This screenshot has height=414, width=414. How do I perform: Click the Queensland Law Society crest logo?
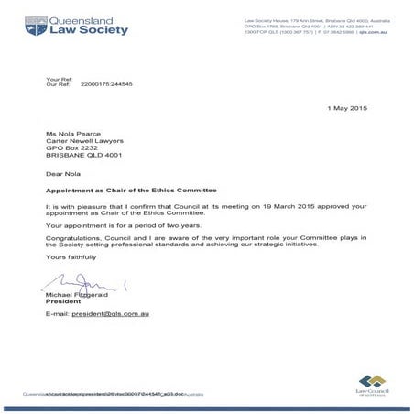coord(35,26)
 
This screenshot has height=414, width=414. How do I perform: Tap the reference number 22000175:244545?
coord(107,84)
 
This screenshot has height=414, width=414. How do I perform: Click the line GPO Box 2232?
coord(71,148)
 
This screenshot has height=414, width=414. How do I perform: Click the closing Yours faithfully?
coord(71,257)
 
